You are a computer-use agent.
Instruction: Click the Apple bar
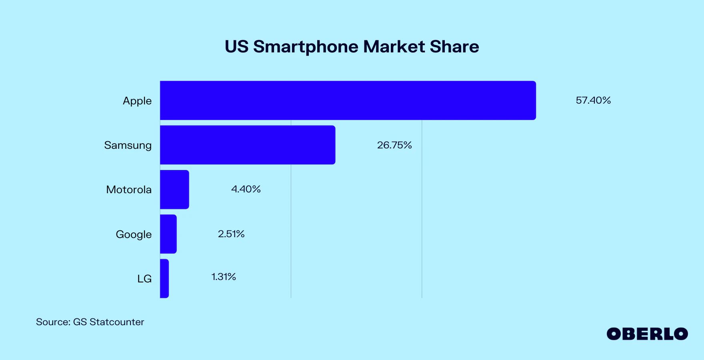(348, 100)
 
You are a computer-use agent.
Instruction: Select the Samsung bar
(248, 145)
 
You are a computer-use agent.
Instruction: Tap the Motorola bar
(174, 190)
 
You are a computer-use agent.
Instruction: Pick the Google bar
(168, 234)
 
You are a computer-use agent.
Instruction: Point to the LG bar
(164, 278)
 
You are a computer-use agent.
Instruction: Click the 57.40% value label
(593, 100)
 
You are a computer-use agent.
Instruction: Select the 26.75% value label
(394, 145)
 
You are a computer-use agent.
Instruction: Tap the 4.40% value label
(246, 189)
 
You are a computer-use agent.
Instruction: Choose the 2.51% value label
(231, 234)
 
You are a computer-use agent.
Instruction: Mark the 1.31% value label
(224, 277)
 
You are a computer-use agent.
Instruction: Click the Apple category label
(137, 101)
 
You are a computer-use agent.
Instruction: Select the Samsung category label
(128, 146)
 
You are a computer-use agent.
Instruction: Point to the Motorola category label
(129, 190)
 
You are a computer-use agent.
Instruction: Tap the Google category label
(134, 234)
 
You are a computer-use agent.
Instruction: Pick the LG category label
(144, 279)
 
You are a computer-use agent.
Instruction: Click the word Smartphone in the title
(306, 47)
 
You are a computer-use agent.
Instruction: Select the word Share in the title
(454, 47)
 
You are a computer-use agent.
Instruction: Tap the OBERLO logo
(647, 334)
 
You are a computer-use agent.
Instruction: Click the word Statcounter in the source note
(117, 322)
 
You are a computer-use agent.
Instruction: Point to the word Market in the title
(394, 47)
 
